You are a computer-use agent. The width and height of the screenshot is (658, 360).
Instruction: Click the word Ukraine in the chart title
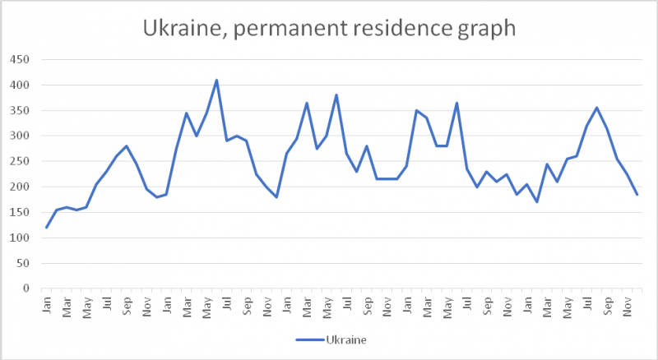pyautogui.click(x=180, y=28)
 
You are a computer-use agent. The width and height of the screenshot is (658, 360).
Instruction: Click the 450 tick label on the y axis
pyautogui.click(x=19, y=60)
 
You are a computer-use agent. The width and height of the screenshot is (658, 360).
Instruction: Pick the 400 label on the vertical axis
pyautogui.click(x=19, y=85)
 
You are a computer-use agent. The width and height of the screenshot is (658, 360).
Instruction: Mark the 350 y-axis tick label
pyautogui.click(x=19, y=111)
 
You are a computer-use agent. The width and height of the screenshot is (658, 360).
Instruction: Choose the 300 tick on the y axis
pyautogui.click(x=19, y=136)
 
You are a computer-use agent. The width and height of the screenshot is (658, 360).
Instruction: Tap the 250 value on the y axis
pyautogui.click(x=19, y=162)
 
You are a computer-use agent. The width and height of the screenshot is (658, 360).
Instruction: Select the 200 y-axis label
pyautogui.click(x=19, y=187)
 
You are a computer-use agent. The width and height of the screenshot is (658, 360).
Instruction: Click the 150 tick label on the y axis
pyautogui.click(x=19, y=213)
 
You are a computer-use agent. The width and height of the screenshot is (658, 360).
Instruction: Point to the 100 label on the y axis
pyautogui.click(x=19, y=238)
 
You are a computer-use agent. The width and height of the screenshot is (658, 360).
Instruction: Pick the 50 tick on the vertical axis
pyautogui.click(x=21, y=264)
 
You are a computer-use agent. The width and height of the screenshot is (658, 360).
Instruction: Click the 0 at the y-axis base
pyautogui.click(x=25, y=289)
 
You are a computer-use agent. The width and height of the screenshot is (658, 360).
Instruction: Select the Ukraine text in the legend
pyautogui.click(x=345, y=339)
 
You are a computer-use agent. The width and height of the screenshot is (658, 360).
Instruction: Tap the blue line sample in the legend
pyautogui.click(x=309, y=339)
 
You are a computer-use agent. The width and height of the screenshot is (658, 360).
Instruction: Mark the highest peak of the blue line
pyautogui.click(x=216, y=81)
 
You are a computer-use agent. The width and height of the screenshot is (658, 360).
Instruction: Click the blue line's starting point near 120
pyautogui.click(x=47, y=228)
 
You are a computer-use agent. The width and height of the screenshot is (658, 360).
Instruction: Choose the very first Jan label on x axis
pyautogui.click(x=47, y=304)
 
